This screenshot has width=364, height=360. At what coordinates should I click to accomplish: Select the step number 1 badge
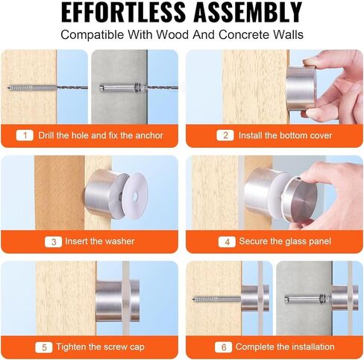25,135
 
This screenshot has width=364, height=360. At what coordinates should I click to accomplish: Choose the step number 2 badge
225,135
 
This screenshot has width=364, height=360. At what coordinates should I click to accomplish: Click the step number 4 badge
225,241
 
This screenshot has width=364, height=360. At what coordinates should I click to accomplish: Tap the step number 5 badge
45,347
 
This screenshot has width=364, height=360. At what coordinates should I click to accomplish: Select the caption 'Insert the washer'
101,241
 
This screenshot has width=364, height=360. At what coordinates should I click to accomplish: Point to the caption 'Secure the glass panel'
284,241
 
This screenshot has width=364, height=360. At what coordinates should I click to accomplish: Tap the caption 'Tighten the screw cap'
103,347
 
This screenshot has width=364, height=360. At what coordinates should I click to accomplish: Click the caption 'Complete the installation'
285,347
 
